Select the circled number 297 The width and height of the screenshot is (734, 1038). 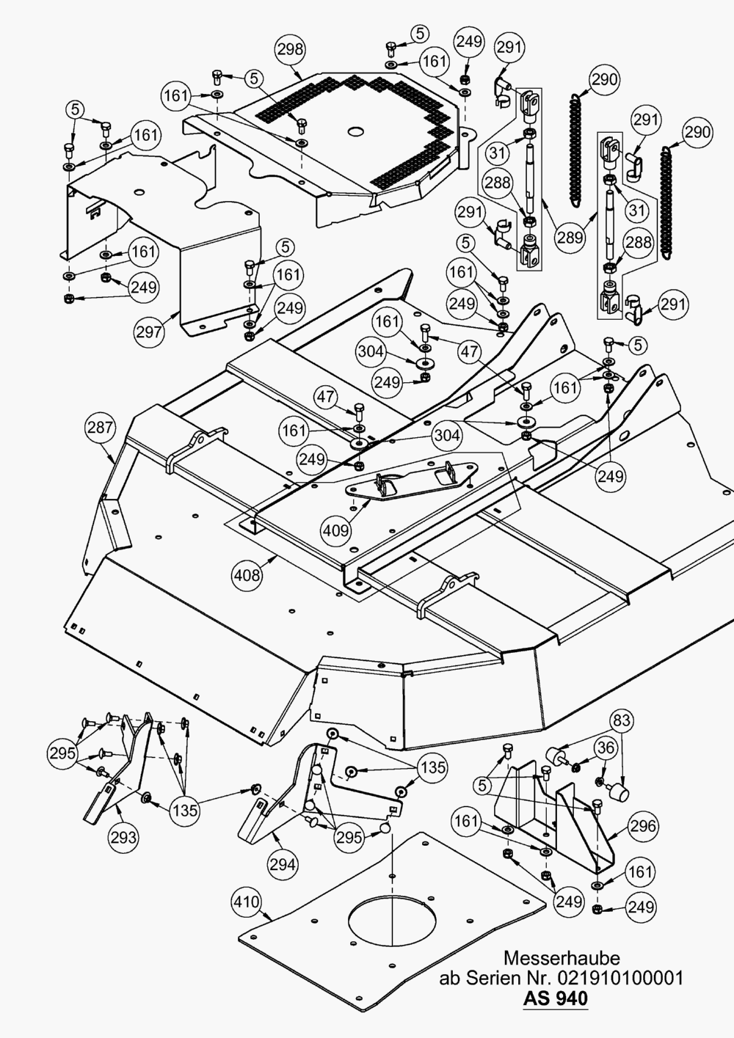tap(149, 332)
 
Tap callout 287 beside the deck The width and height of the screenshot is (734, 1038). tap(101, 427)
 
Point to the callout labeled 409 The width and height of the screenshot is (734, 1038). tap(335, 530)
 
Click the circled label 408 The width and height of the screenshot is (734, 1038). tap(247, 575)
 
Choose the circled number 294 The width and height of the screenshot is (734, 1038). tap(283, 864)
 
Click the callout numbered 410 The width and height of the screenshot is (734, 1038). tap(247, 902)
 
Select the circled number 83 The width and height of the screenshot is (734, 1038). tap(621, 720)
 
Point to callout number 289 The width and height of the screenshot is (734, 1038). tap(570, 237)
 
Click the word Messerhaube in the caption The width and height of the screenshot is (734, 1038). tap(562, 957)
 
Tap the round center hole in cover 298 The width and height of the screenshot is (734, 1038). tap(356, 132)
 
